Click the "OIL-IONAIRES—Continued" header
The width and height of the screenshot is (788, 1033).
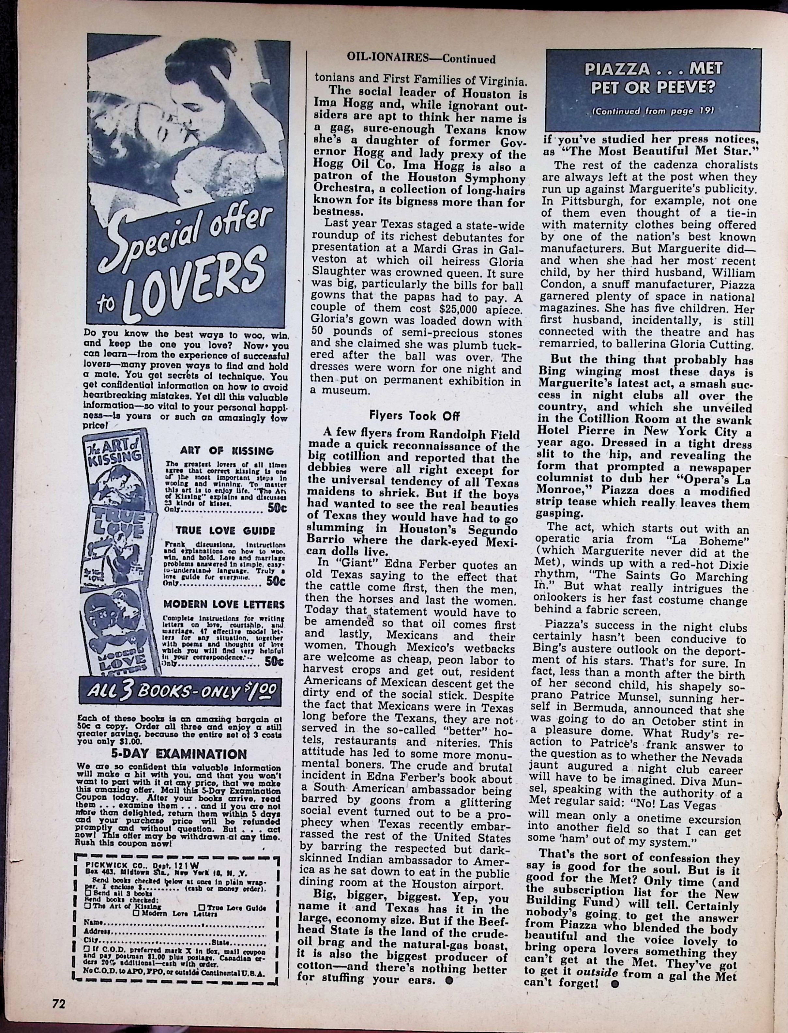click(421, 59)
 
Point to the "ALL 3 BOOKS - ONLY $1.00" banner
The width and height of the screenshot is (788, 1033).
click(181, 692)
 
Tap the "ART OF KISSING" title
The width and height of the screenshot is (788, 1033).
click(226, 451)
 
